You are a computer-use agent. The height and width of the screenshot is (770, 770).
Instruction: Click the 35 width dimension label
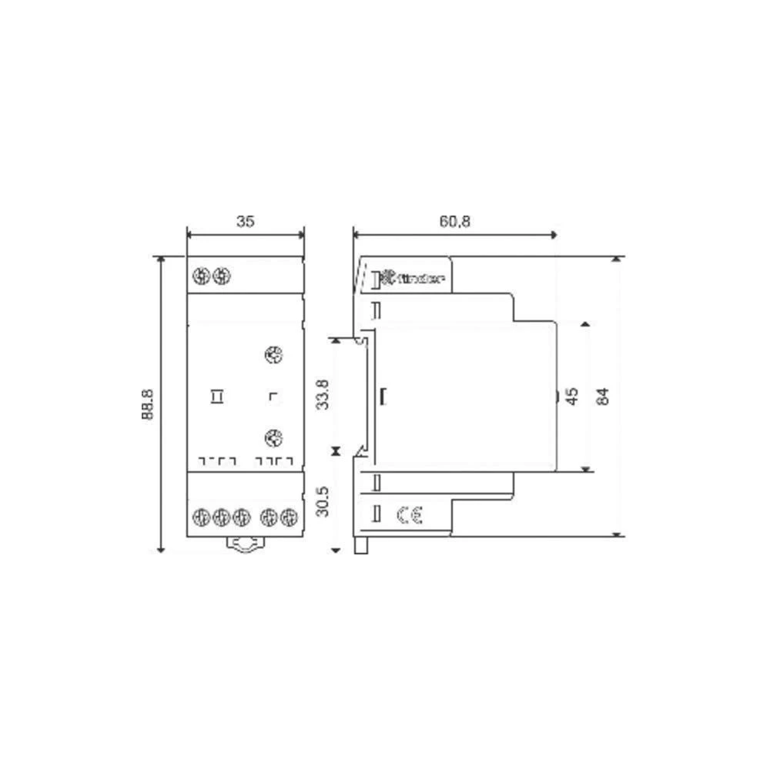(x=245, y=222)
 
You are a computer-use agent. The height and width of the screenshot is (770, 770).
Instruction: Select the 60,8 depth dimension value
(x=455, y=222)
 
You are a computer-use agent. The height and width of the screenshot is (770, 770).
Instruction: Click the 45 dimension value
(x=571, y=397)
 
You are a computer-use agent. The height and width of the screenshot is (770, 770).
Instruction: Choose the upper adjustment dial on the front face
(x=272, y=355)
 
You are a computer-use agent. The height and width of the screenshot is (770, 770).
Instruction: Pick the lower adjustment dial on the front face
(x=272, y=438)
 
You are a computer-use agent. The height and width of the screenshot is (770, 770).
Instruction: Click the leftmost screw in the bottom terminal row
(x=202, y=517)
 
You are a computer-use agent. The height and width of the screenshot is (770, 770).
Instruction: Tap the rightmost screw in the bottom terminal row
(x=289, y=517)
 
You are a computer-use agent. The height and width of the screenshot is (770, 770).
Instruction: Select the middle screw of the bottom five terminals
(x=241, y=517)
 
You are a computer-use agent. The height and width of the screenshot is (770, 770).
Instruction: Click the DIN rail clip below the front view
(x=246, y=544)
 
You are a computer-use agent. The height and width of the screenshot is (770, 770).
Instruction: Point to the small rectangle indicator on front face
(x=218, y=397)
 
